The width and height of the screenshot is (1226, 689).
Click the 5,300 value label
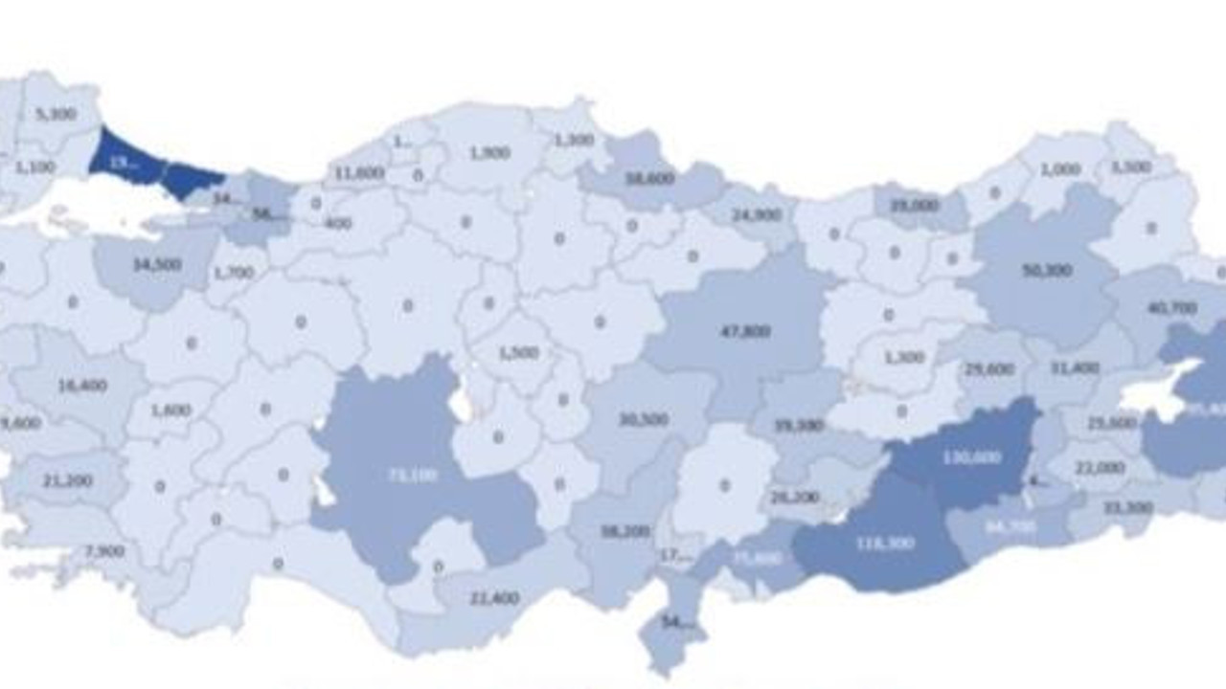[x=56, y=114]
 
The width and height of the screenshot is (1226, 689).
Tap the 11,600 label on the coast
[x=359, y=173]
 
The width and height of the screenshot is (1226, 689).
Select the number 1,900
[x=489, y=152]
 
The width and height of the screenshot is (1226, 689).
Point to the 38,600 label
[x=650, y=178]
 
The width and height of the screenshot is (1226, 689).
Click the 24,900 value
[x=757, y=215]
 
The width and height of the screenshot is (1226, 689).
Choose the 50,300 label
[x=1047, y=271]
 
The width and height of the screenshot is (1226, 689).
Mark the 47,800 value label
[x=744, y=331]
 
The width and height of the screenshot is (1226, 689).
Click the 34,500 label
[x=157, y=264]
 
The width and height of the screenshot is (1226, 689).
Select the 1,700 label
[x=235, y=273]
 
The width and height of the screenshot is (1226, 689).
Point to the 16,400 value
[x=82, y=386]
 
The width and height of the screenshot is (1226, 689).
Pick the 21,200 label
[x=68, y=480]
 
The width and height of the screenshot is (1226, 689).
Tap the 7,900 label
[x=104, y=551]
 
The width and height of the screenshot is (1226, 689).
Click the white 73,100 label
[x=413, y=475]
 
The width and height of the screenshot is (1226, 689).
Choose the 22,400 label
[x=494, y=598]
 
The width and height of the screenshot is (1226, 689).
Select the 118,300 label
[x=886, y=543]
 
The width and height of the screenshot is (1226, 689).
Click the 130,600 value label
[x=971, y=457]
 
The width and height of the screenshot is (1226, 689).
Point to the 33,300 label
[x=1127, y=507]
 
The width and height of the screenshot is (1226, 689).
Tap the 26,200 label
[x=794, y=498]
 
